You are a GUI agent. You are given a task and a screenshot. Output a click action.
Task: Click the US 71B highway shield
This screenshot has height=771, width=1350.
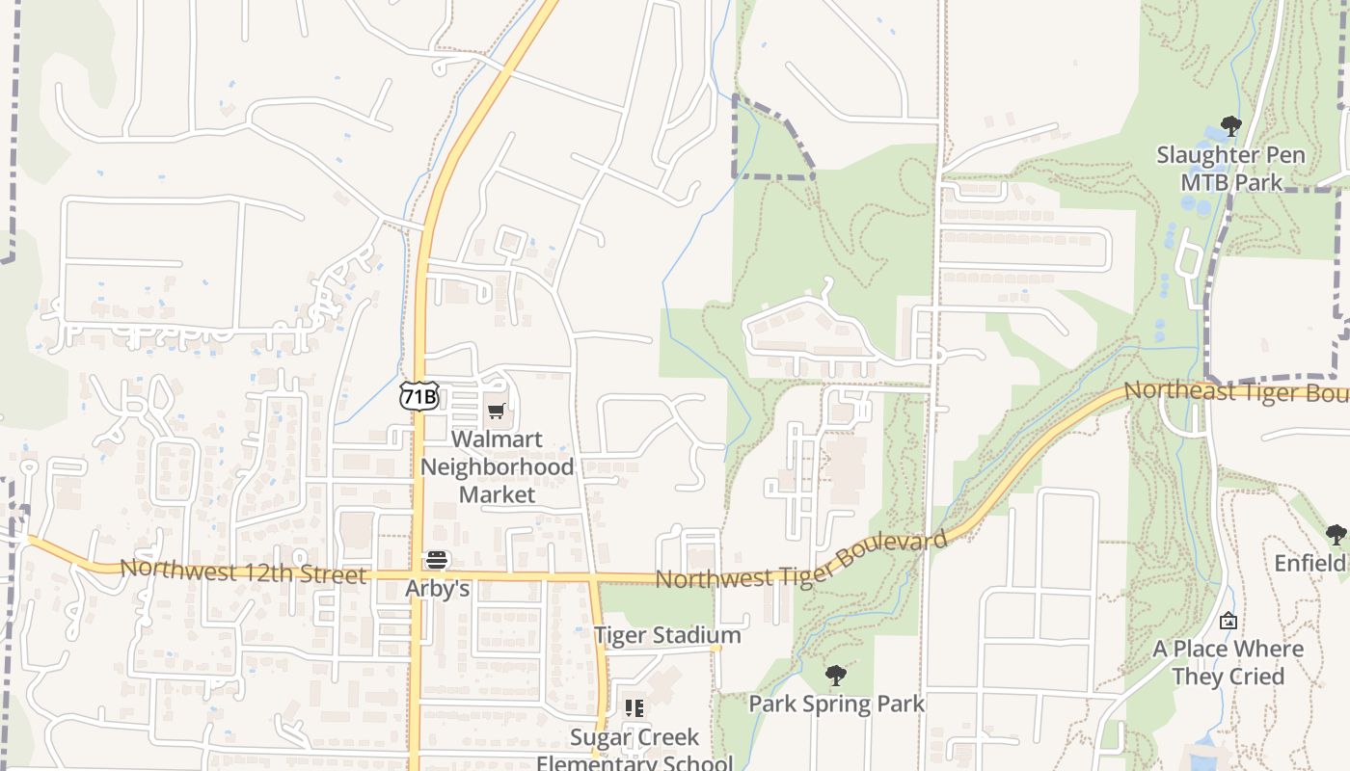pyautogui.click(x=419, y=396)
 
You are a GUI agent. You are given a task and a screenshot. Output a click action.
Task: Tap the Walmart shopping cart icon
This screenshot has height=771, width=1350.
pyautogui.click(x=497, y=412)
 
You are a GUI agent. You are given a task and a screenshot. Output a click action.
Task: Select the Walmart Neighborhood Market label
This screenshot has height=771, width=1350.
pyautogui.click(x=497, y=467)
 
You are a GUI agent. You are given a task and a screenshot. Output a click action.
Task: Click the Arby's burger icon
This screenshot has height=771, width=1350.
pyautogui.click(x=437, y=560)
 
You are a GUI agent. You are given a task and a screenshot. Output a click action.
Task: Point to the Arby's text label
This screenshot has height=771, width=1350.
pyautogui.click(x=437, y=588)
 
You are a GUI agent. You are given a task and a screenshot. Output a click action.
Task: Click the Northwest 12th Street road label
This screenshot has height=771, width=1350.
pyautogui.click(x=243, y=572)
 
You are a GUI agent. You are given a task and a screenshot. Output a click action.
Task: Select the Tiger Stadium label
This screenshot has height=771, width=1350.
pyautogui.click(x=667, y=636)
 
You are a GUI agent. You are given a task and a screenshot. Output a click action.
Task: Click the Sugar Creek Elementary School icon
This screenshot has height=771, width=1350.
pyautogui.click(x=634, y=709)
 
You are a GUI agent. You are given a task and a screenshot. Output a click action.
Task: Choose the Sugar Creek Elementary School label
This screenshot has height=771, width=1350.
pyautogui.click(x=634, y=750)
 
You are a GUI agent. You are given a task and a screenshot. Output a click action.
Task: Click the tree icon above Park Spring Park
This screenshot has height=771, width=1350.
pyautogui.click(x=836, y=676)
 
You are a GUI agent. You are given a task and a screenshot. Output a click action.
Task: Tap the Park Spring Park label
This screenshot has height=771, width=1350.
pyautogui.click(x=836, y=704)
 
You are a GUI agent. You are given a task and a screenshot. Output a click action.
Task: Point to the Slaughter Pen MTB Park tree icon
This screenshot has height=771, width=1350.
pyautogui.click(x=1230, y=125)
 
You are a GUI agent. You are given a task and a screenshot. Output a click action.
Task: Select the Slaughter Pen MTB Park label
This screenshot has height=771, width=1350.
pyautogui.click(x=1231, y=169)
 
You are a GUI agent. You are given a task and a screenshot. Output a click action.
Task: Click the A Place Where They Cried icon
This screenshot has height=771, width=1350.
pyautogui.click(x=1228, y=621)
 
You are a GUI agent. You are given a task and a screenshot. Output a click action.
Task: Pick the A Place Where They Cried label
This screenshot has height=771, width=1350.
pyautogui.click(x=1228, y=662)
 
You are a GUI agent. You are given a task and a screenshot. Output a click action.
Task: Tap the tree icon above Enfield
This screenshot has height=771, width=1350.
pyautogui.click(x=1336, y=535)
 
